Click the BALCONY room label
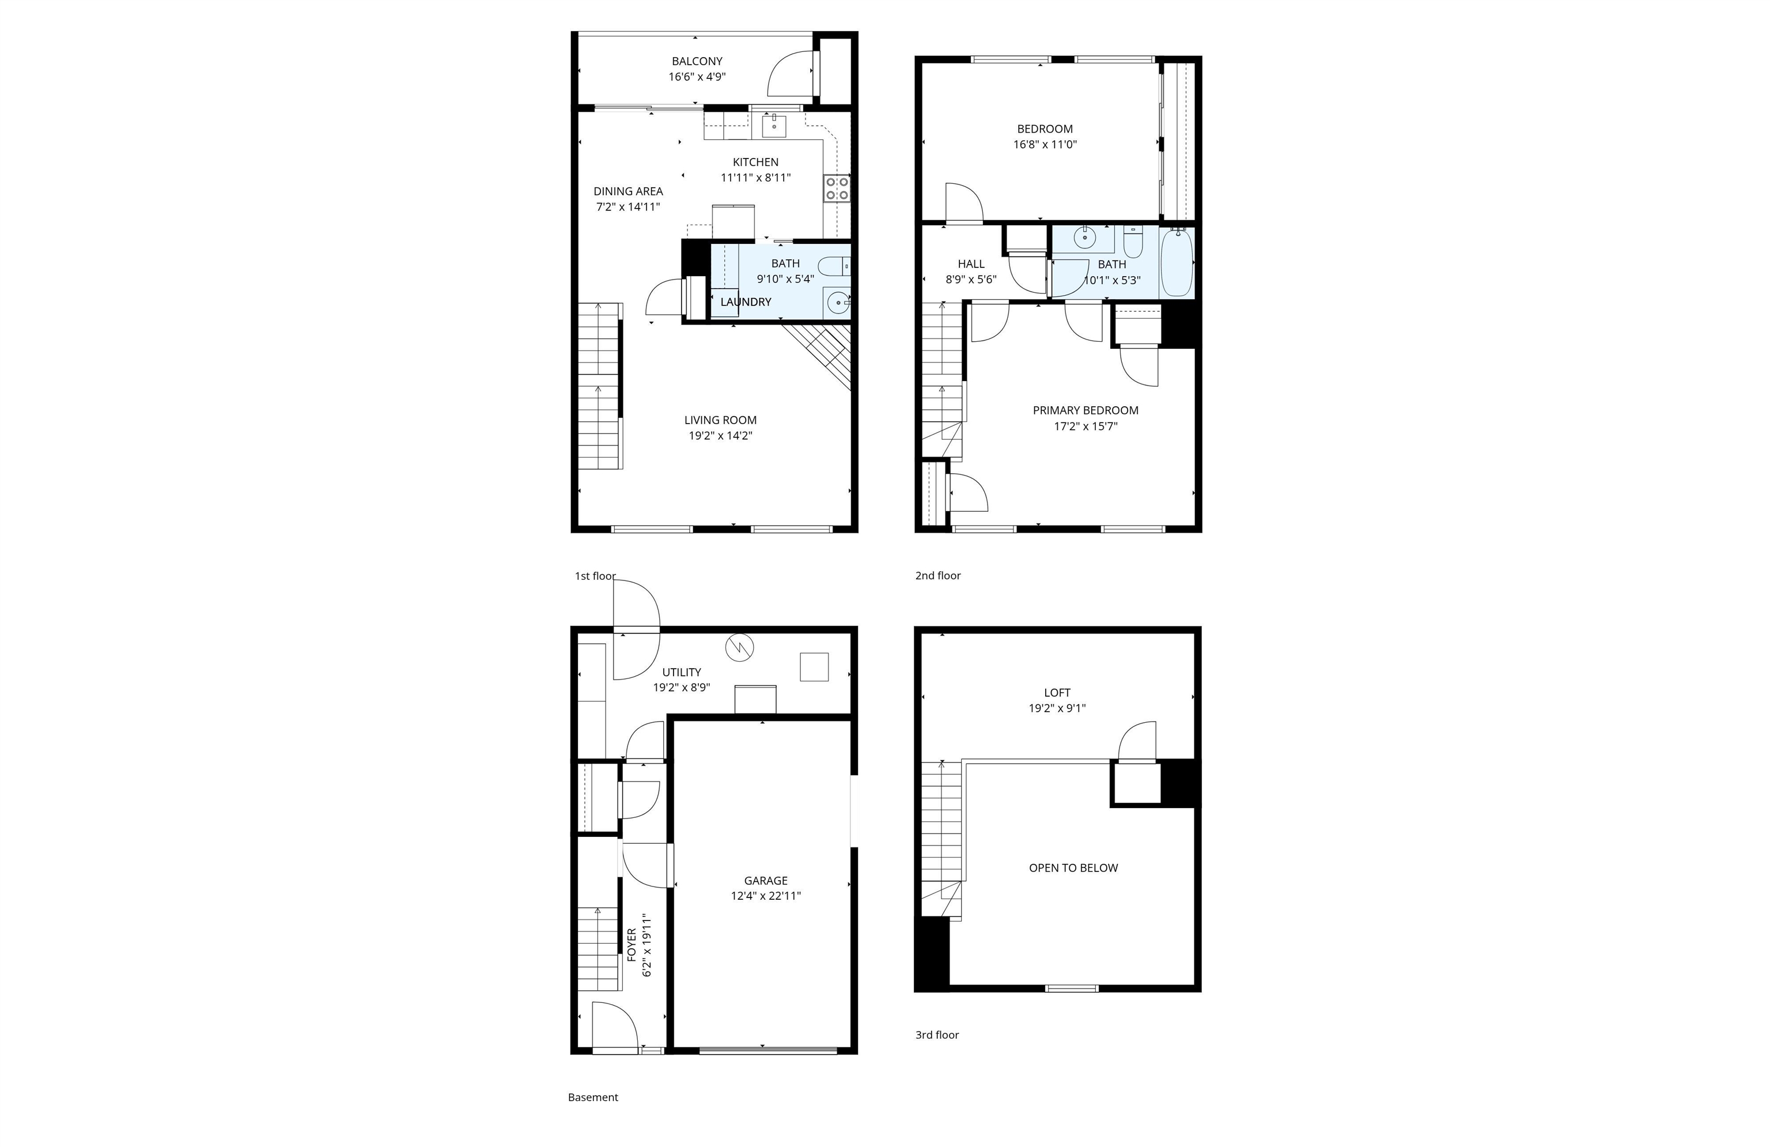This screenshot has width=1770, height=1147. pyautogui.click(x=697, y=62)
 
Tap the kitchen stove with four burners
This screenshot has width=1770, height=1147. pyautogui.click(x=837, y=188)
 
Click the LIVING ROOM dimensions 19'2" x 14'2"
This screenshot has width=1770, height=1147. pyautogui.click(x=720, y=436)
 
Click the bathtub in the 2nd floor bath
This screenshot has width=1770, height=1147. pyautogui.click(x=1177, y=263)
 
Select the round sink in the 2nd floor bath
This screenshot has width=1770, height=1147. pyautogui.click(x=1085, y=239)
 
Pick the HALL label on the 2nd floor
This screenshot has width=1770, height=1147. pyautogui.click(x=970, y=264)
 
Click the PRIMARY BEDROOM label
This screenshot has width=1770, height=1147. pyautogui.click(x=1085, y=410)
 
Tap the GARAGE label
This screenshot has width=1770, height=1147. pyautogui.click(x=765, y=881)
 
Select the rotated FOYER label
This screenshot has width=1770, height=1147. pyautogui.click(x=631, y=945)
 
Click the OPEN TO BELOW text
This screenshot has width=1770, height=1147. pyautogui.click(x=1073, y=868)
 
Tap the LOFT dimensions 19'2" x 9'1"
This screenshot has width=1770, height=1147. pyautogui.click(x=1057, y=709)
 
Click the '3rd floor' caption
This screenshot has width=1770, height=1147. pyautogui.click(x=937, y=1035)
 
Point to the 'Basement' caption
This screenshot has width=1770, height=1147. pyautogui.click(x=593, y=1097)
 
